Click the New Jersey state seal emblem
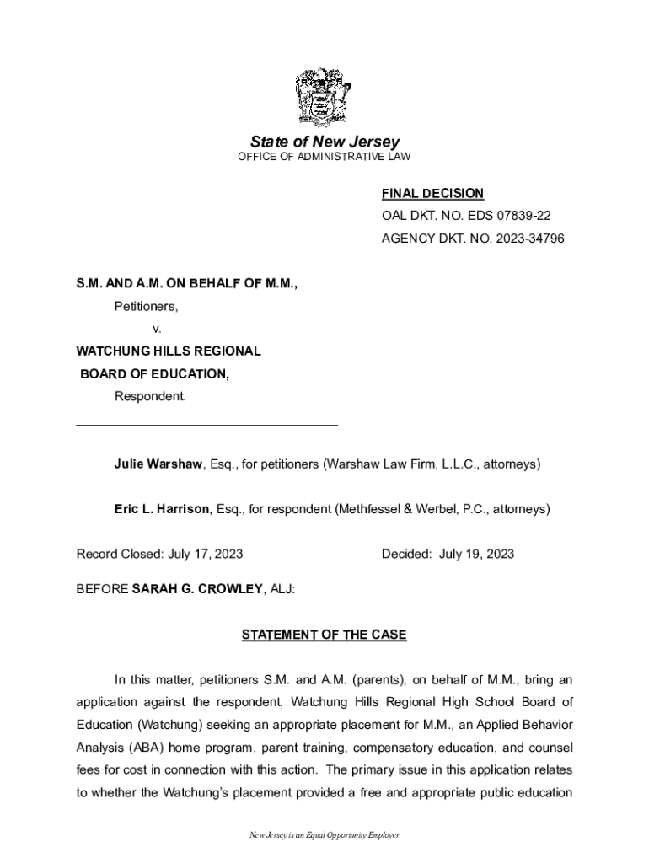click(324, 97)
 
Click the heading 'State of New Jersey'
click(324, 142)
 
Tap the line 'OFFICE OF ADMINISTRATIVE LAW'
click(324, 158)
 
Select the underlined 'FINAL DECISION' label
click(432, 194)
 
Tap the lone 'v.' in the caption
click(157, 329)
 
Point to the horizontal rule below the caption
click(206, 425)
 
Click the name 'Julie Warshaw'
click(158, 464)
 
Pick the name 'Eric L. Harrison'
click(162, 509)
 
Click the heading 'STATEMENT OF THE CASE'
click(324, 635)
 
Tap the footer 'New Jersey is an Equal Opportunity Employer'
click(324, 835)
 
